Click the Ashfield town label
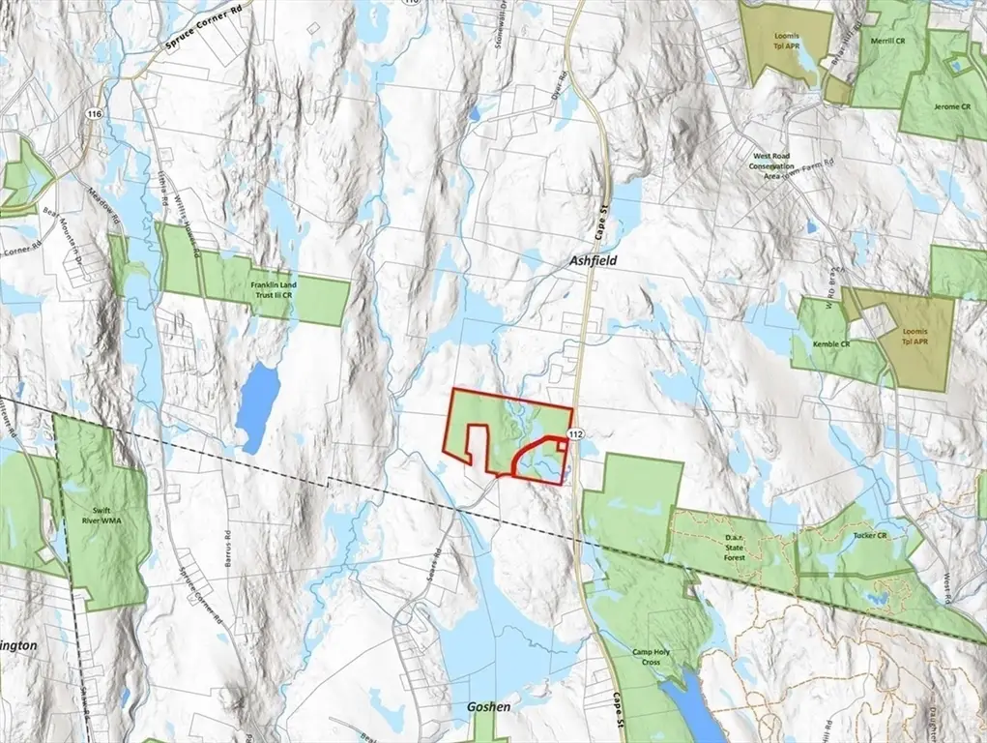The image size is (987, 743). [x=592, y=261]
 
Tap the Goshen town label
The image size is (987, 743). [x=488, y=707]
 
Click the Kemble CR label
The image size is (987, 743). [x=831, y=344]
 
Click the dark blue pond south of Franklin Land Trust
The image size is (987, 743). [x=258, y=405]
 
